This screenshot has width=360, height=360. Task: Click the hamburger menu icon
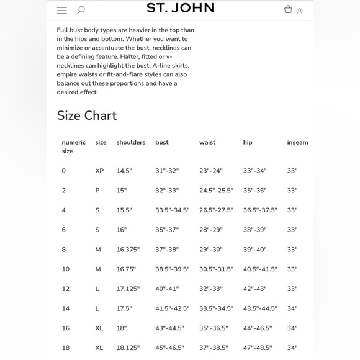point(61,10)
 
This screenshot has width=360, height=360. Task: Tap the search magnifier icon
point(81,10)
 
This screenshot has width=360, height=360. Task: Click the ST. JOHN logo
point(180,8)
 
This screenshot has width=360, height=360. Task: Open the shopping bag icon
point(288,9)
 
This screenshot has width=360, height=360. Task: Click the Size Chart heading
point(87,115)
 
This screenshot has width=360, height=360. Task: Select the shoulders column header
point(130,142)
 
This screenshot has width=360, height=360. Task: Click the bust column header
point(162,142)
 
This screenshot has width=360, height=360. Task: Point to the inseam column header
point(297,142)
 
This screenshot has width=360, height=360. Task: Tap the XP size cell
point(99,171)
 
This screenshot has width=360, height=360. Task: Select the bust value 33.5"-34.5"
point(172,210)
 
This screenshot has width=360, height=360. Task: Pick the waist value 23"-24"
point(210,171)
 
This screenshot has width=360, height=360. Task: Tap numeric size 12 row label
point(65,289)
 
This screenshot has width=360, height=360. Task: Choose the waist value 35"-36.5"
point(214,328)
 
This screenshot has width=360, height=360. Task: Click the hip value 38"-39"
point(254,230)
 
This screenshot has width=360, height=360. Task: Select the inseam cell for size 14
point(292,308)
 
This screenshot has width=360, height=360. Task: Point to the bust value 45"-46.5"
point(169,348)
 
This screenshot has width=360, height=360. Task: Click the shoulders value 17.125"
point(128,289)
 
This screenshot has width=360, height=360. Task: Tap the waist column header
point(207,142)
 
